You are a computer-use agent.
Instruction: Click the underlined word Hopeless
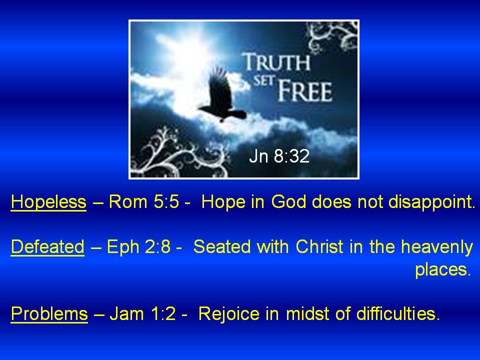point(48,202)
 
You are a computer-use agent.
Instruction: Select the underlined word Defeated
point(47,246)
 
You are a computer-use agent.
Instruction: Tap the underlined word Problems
point(49,314)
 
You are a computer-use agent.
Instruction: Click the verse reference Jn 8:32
point(279,156)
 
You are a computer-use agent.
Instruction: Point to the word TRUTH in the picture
point(276,62)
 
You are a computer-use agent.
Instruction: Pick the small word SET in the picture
point(262,80)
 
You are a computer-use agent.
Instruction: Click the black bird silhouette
point(222,95)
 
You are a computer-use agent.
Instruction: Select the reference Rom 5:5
point(144,202)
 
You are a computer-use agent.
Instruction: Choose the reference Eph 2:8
point(138,246)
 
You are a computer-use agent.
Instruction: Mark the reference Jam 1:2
point(142,314)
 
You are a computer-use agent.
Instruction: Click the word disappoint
point(431,202)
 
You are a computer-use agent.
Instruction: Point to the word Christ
point(319,246)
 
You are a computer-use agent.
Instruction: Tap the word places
point(442,269)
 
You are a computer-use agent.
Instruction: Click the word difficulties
point(398,314)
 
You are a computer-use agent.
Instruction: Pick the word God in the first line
point(288,202)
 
